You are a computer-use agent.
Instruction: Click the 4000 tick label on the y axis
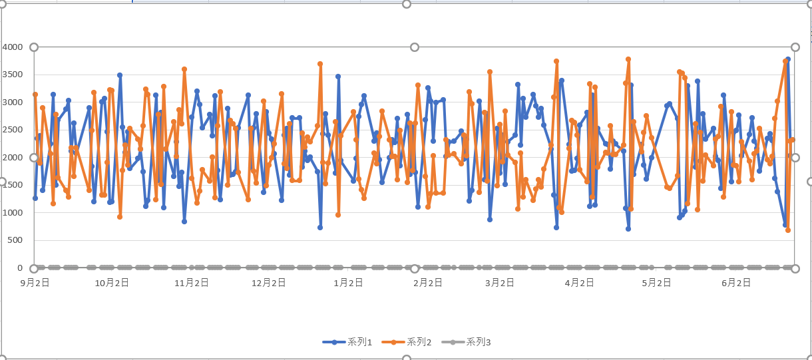tap(13, 47)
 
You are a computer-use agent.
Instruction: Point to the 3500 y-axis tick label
tap(13, 75)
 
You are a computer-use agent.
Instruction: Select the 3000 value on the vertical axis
tap(13, 102)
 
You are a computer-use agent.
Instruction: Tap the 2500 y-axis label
tap(13, 130)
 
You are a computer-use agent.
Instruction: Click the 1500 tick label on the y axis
tap(13, 185)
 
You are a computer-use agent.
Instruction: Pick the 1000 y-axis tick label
tap(13, 213)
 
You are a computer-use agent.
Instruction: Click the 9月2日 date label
tap(35, 283)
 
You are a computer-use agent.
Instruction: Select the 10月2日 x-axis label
tap(112, 283)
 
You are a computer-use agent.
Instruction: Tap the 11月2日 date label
tap(191, 283)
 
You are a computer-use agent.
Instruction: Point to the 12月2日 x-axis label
tap(268, 283)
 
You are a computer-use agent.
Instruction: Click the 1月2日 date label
tap(348, 283)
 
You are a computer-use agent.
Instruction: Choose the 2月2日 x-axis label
tap(428, 283)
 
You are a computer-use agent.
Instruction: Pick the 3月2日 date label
tap(500, 283)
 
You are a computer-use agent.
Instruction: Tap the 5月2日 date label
tap(657, 283)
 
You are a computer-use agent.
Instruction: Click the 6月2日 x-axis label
tap(736, 283)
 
